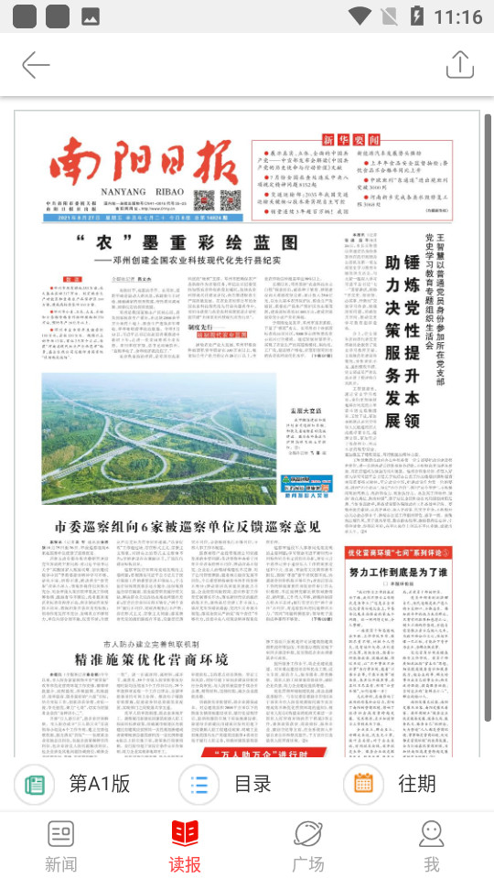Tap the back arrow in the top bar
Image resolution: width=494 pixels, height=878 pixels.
click(36, 65)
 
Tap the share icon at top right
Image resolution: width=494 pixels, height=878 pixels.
click(459, 65)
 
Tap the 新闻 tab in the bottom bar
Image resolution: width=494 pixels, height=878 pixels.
click(61, 845)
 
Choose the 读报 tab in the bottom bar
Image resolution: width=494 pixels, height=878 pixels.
click(185, 845)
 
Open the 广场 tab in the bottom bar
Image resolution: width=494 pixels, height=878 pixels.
click(307, 845)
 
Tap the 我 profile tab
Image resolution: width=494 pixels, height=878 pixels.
click(431, 845)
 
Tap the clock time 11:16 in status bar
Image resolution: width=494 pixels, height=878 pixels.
click(456, 16)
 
